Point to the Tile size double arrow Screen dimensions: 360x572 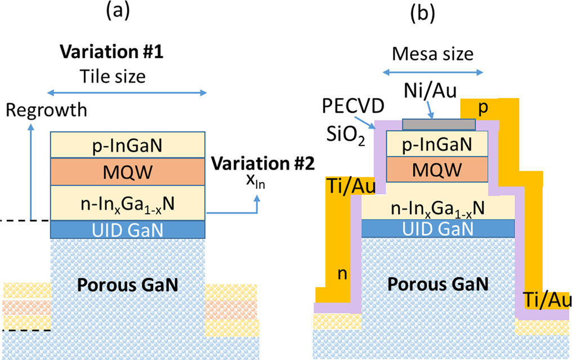pos(128,93)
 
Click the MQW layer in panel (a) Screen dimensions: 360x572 pos(128,171)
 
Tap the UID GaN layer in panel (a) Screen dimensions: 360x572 pos(128,229)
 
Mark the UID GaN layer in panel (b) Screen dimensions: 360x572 pos(437,226)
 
